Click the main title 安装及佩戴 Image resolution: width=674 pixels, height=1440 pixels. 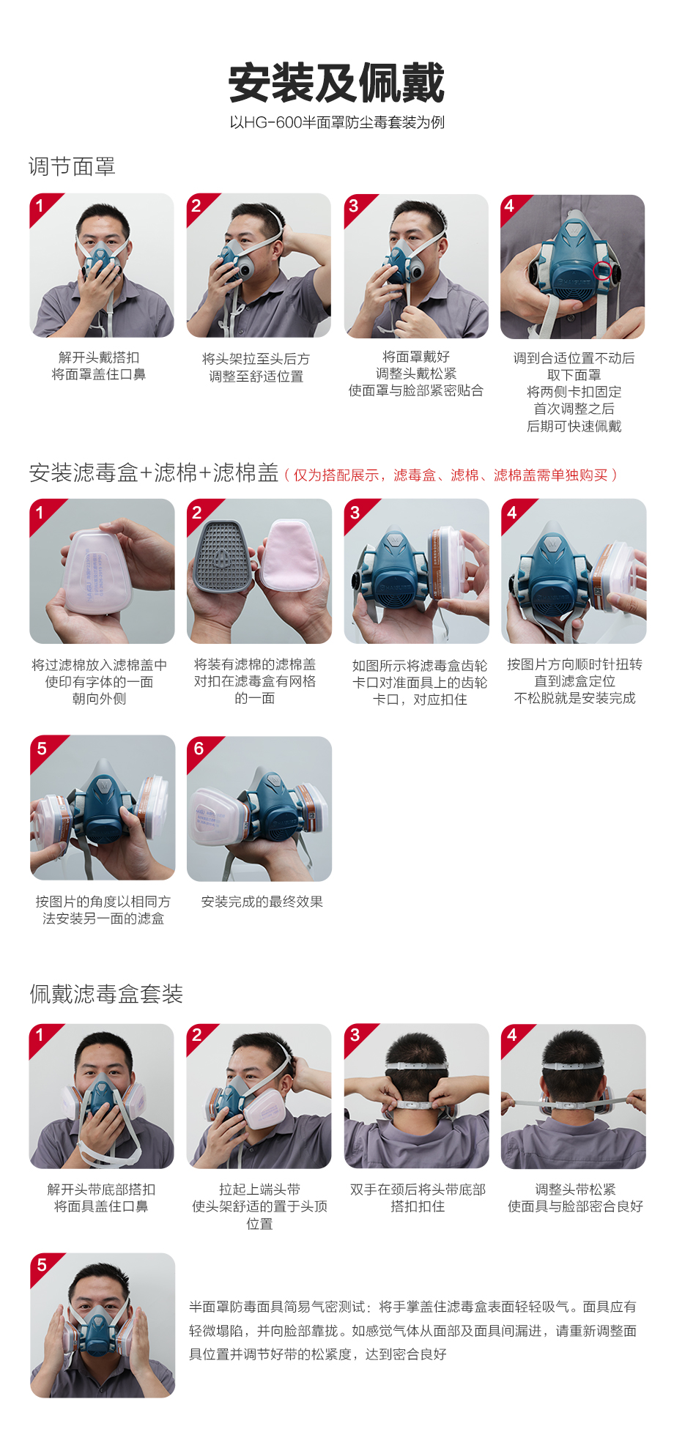tap(336, 83)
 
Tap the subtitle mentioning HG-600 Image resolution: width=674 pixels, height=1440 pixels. tap(337, 122)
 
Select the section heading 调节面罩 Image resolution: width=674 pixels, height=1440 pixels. tap(72, 167)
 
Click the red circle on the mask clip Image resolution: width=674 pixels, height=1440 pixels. tap(602, 270)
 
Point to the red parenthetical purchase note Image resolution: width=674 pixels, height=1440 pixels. tap(451, 475)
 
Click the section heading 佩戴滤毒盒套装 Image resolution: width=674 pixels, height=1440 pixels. tap(106, 994)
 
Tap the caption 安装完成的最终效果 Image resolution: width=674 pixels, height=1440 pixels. tap(262, 902)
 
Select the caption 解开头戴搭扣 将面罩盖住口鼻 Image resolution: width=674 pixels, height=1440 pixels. tap(99, 365)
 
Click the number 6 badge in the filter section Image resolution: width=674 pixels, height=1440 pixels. tap(199, 749)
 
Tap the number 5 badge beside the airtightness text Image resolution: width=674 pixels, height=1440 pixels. tap(42, 1265)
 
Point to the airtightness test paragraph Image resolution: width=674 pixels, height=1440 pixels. tap(412, 1330)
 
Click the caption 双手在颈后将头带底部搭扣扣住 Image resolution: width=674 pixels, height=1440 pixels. tap(418, 1198)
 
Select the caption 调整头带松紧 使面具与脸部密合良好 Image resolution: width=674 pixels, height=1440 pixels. tap(575, 1198)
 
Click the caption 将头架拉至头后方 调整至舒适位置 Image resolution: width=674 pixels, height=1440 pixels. tap(256, 368)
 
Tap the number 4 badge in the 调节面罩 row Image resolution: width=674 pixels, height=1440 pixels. tap(510, 206)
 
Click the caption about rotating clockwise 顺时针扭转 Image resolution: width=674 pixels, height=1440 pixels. tap(575, 681)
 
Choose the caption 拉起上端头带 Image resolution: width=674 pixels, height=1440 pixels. tap(259, 1190)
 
